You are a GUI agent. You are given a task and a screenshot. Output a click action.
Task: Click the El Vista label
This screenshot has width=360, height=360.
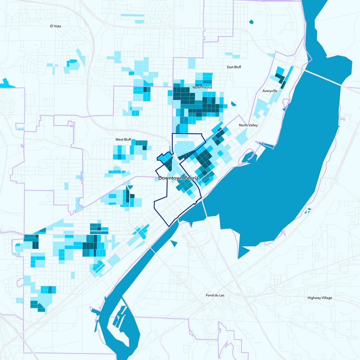point(55,26)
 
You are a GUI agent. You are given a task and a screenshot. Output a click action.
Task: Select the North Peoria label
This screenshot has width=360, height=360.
point(202,87)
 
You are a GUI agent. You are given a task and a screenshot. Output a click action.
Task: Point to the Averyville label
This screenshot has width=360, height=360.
point(270,91)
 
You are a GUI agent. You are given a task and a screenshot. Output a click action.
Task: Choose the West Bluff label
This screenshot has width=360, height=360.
point(123,139)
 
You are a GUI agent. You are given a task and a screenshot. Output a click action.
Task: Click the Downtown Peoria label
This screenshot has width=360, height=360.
point(178,178)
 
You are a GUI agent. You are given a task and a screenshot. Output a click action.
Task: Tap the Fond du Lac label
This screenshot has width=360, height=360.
point(213,296)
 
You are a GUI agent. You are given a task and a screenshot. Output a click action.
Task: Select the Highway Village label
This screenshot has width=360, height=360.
point(321,298)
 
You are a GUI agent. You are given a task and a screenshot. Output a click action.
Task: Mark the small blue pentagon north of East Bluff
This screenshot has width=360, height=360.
point(251,21)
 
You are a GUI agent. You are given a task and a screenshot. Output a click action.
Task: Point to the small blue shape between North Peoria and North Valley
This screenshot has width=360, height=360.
point(233,104)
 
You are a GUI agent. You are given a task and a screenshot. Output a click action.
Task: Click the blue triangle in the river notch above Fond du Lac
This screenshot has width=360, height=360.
point(174,243)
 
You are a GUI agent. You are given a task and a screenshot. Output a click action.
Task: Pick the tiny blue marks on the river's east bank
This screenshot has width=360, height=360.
point(308,210)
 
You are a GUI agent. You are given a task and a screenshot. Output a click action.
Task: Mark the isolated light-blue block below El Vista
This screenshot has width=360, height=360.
point(73,63)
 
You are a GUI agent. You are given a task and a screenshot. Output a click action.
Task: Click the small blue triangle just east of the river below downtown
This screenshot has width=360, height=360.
point(174,243)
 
